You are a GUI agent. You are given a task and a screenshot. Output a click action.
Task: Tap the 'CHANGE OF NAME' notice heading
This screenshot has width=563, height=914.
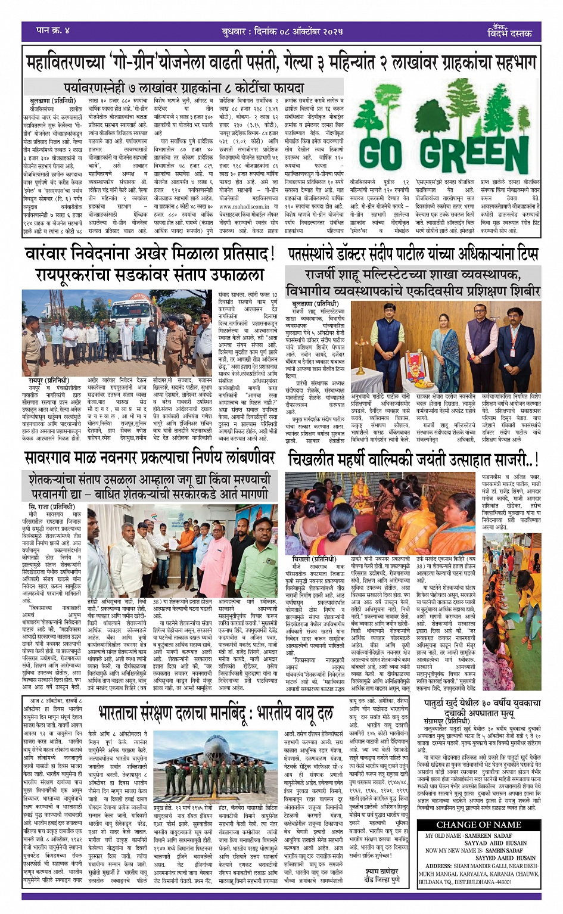click(x=478, y=825)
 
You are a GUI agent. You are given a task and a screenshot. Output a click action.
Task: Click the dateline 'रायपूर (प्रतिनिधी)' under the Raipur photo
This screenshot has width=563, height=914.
click(x=49, y=380)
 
